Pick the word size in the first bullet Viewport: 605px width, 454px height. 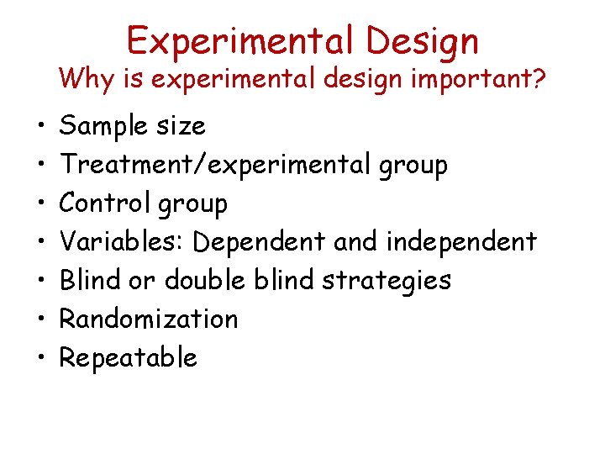[x=182, y=126]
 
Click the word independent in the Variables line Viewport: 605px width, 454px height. [x=460, y=243]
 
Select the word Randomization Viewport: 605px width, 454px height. [x=149, y=319]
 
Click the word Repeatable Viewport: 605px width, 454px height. [x=128, y=358]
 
